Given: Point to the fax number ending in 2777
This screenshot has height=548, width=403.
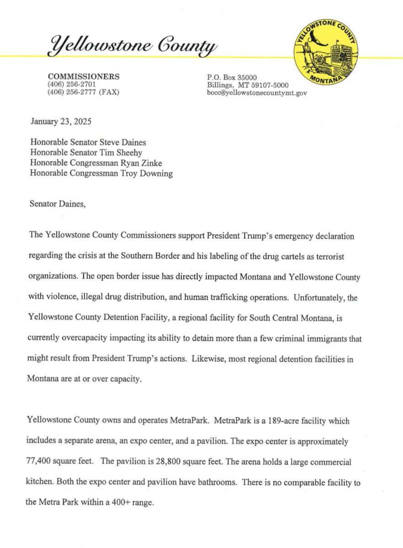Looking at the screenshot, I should pyautogui.click(x=83, y=92).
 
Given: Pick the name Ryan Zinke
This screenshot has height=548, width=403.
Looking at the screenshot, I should pyautogui.click(x=142, y=162).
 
